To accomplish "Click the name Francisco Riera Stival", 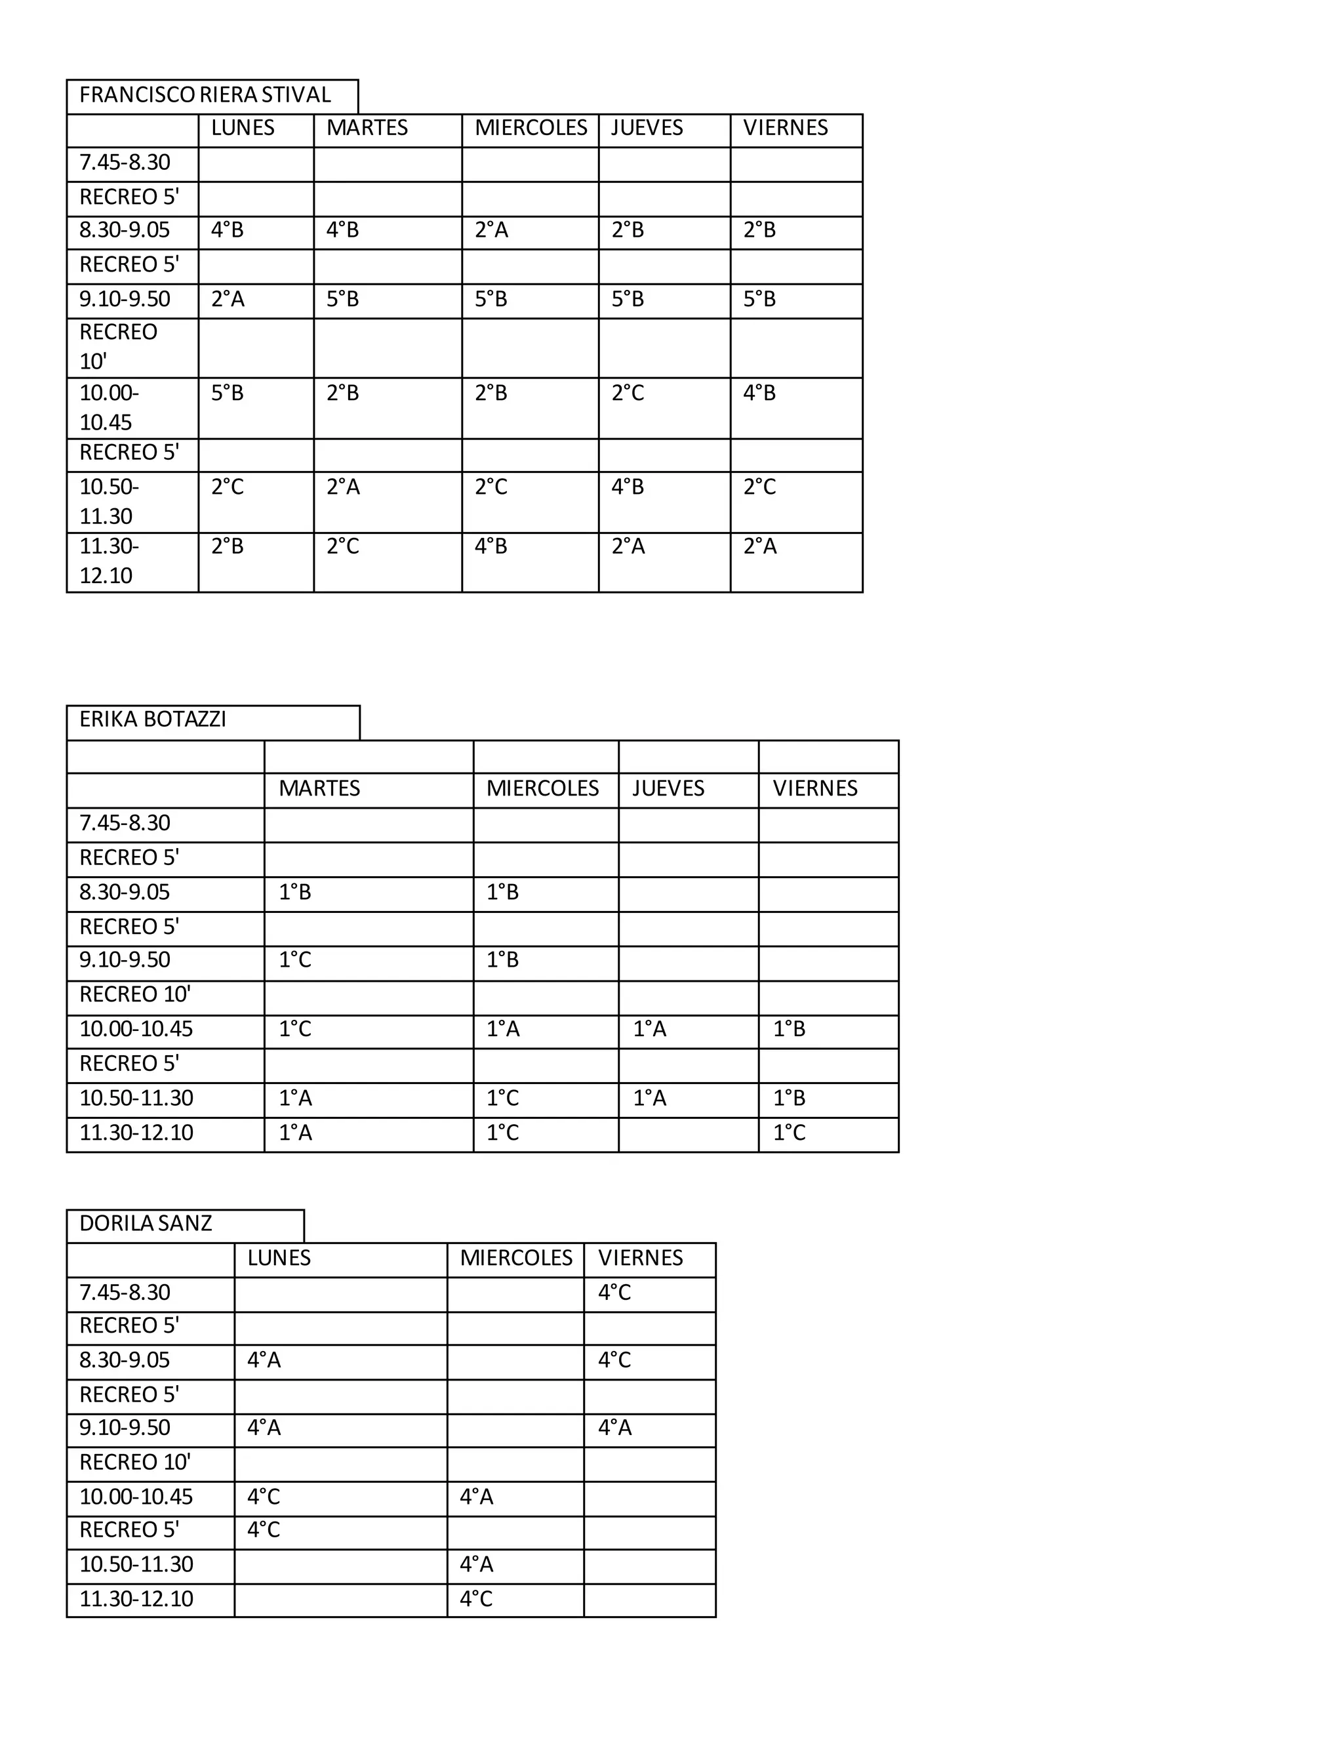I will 205,96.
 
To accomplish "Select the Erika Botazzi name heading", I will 153,719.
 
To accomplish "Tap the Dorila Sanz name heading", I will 146,1223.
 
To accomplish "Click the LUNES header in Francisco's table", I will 243,128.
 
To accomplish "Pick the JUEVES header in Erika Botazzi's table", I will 668,788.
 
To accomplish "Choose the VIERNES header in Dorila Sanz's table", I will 641,1258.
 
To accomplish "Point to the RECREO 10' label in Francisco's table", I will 118,347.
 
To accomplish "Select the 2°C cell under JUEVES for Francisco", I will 628,393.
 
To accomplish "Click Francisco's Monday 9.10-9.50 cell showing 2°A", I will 228,299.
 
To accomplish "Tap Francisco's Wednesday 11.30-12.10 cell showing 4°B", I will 491,547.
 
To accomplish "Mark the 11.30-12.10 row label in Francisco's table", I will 109,561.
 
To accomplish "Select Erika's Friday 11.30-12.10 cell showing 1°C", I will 790,1133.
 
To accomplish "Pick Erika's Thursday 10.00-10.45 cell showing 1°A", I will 650,1030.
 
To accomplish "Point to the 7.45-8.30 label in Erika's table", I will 125,823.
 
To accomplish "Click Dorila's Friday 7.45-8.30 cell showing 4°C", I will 614,1293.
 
